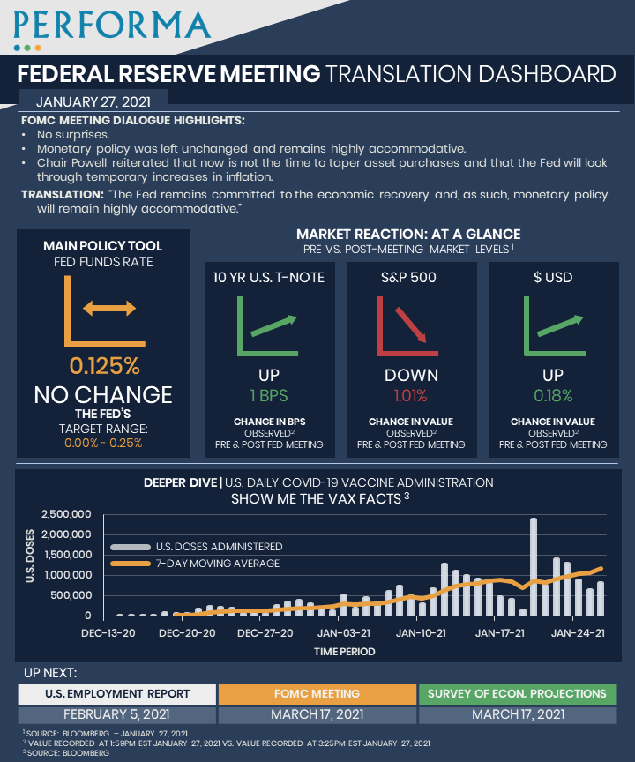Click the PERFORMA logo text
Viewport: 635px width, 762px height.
[x=112, y=22]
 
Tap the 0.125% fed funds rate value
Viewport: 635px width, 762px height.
[x=104, y=365]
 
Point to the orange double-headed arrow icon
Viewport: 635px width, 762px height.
[x=108, y=308]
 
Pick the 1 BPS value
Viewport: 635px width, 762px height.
[x=269, y=395]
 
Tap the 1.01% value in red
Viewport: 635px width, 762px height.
[x=411, y=395]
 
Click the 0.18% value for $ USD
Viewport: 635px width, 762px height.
[x=553, y=395]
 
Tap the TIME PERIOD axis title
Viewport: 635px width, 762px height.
[x=344, y=652]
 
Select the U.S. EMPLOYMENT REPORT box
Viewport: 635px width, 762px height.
[x=117, y=693]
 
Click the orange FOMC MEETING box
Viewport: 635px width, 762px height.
[x=317, y=693]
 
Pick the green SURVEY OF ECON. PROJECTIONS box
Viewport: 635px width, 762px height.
[x=517, y=693]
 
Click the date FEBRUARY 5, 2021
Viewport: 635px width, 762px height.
[x=117, y=714]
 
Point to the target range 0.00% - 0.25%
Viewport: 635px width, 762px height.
[x=103, y=443]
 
